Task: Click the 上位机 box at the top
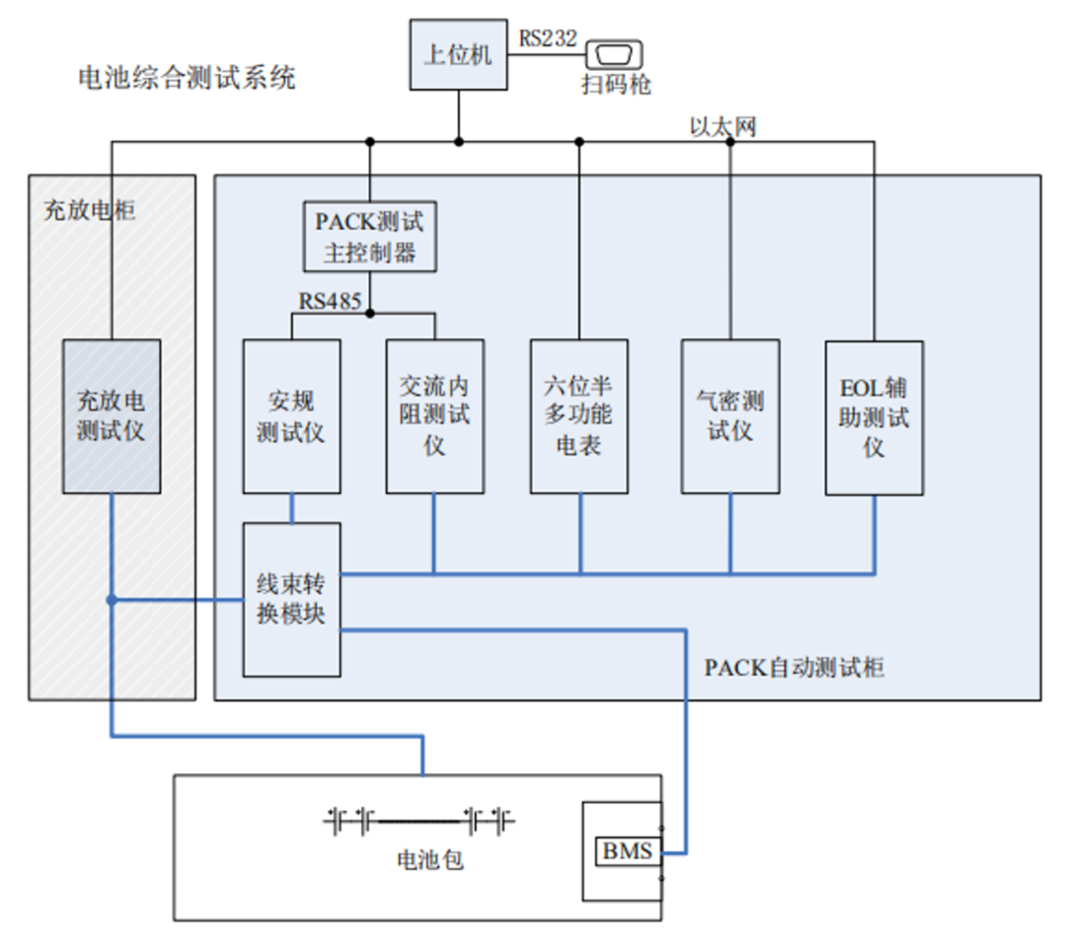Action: point(457,55)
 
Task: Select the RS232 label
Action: point(548,37)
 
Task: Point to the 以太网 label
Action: point(723,126)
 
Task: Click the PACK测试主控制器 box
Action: point(370,237)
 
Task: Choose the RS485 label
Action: point(331,300)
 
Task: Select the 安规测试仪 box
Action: point(291,416)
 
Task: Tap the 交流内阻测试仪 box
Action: point(434,416)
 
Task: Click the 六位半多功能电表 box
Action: point(578,416)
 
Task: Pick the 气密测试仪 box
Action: point(730,416)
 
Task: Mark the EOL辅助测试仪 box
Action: point(874,417)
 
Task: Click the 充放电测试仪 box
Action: point(112,416)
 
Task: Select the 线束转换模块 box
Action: point(291,599)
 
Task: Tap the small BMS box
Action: point(628,850)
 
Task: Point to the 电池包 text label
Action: point(429,860)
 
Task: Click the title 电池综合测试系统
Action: point(187,78)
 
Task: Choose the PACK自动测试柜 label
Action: point(794,668)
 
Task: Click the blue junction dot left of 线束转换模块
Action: point(113,600)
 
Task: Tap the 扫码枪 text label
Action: point(616,85)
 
